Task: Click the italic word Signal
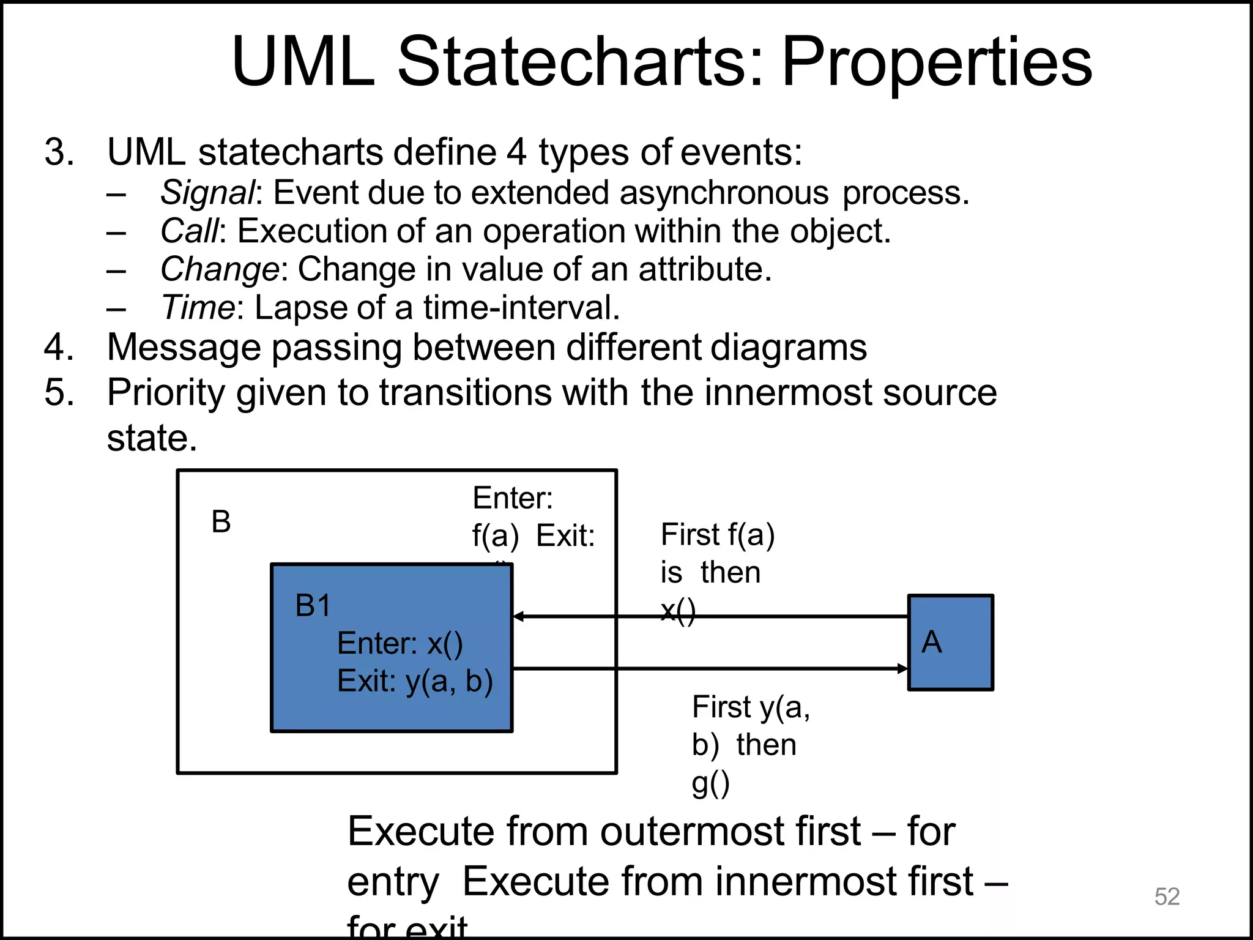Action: (207, 193)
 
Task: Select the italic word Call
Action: (189, 231)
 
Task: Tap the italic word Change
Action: (220, 269)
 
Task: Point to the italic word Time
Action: (197, 307)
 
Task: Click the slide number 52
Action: (1167, 897)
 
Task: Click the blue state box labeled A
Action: (950, 643)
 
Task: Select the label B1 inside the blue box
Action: (313, 606)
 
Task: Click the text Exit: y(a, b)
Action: (415, 681)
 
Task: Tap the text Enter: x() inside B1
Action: (400, 643)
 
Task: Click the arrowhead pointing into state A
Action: (902, 668)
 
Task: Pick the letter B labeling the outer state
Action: (221, 522)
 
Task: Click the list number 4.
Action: (59, 347)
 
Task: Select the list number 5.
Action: (59, 392)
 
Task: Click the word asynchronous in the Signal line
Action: (724, 193)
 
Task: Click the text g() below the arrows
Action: (710, 783)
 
